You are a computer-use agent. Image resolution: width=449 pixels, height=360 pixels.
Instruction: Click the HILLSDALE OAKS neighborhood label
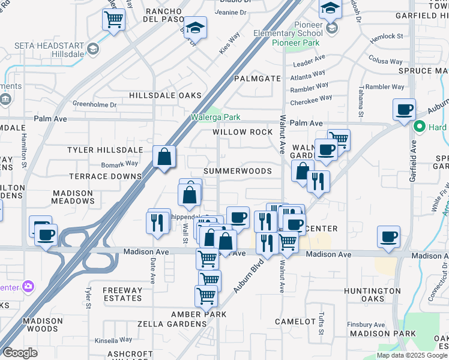click(165, 95)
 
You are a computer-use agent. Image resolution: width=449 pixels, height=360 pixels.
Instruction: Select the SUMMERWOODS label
click(237, 171)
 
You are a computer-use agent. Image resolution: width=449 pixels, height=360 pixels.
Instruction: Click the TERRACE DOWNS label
click(105, 176)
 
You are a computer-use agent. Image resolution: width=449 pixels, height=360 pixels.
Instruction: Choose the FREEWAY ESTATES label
click(122, 295)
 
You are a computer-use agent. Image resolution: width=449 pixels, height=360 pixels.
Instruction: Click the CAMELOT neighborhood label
click(295, 322)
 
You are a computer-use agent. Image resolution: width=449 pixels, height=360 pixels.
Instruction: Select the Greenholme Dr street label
click(95, 104)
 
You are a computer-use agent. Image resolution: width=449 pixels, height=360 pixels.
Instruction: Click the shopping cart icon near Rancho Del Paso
click(113, 19)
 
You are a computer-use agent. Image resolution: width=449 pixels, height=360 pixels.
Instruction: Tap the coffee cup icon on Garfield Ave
click(405, 109)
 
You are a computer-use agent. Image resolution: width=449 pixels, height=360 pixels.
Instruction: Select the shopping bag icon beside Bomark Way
click(164, 157)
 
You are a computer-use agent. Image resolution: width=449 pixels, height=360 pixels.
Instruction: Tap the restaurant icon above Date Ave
click(158, 221)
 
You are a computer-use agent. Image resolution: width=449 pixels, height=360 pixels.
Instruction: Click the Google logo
click(20, 352)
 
